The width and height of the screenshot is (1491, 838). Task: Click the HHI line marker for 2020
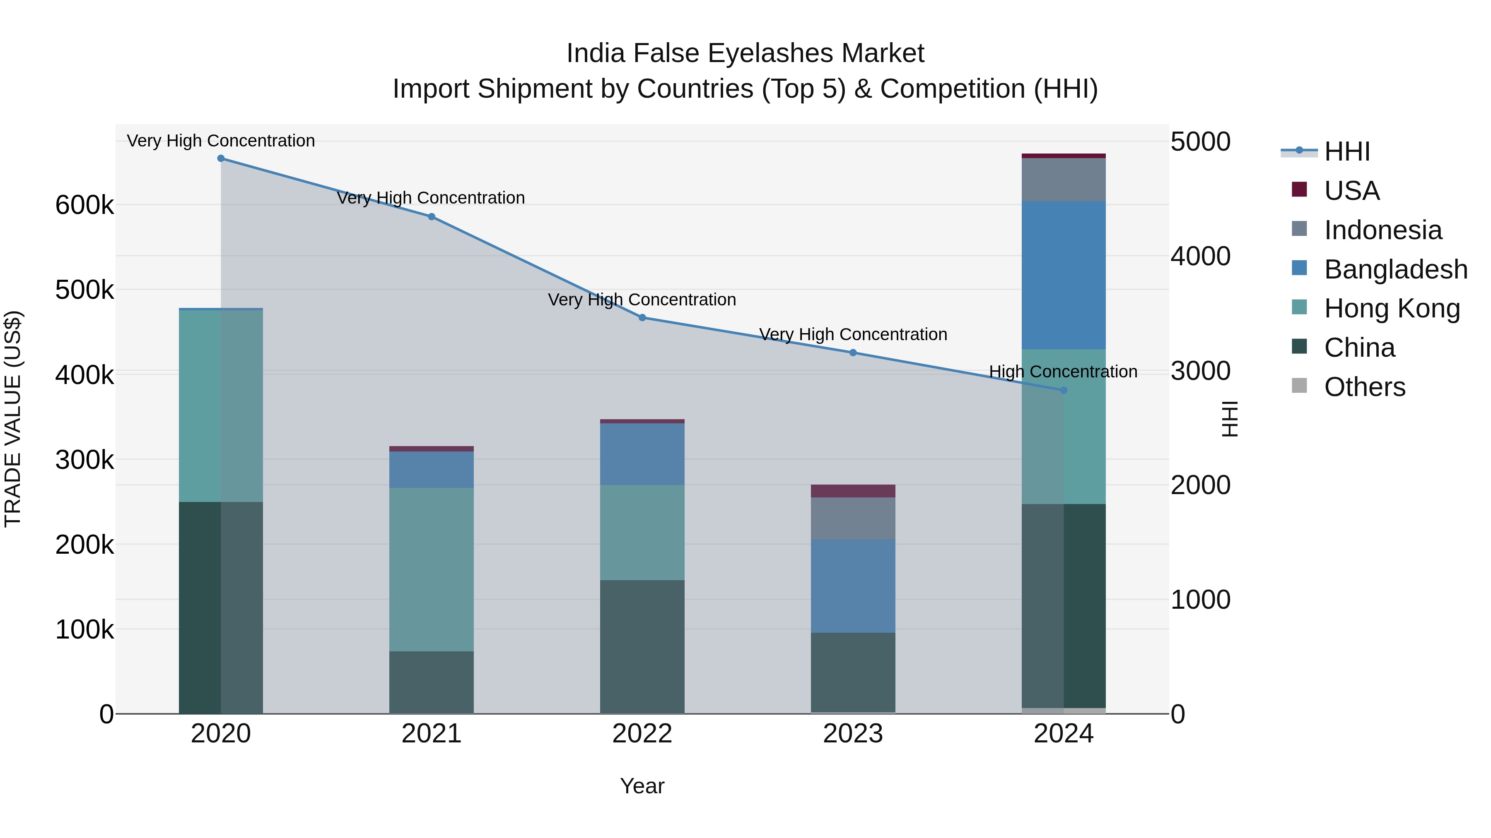pyautogui.click(x=220, y=158)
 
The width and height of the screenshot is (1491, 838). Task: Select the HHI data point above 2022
pyautogui.click(x=642, y=317)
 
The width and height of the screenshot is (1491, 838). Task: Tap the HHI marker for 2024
pyautogui.click(x=1063, y=390)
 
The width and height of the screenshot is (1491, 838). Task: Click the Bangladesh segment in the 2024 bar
pyautogui.click(x=1063, y=275)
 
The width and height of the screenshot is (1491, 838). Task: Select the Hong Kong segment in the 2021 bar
pyautogui.click(x=431, y=570)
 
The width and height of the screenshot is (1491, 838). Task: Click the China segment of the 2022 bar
pyautogui.click(x=642, y=646)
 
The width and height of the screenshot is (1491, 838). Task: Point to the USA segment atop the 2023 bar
pyautogui.click(x=853, y=491)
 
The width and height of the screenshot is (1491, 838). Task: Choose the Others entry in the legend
pyautogui.click(x=1364, y=387)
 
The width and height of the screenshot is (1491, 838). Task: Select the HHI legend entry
pyautogui.click(x=1346, y=151)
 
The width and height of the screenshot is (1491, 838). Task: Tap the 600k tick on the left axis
pyautogui.click(x=84, y=205)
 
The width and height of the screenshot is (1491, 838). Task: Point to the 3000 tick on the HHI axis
pyautogui.click(x=1200, y=371)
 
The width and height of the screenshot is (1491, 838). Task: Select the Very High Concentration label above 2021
pyautogui.click(x=431, y=198)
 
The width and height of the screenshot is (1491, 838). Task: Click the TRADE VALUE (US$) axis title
pyautogui.click(x=13, y=419)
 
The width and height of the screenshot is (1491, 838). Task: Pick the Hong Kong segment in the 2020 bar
pyautogui.click(x=220, y=406)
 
